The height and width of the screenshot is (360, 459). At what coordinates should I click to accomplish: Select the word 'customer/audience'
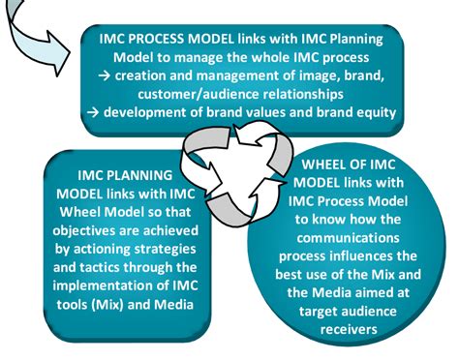click(x=195, y=96)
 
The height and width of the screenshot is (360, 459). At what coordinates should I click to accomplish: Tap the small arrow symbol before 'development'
click(x=92, y=113)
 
